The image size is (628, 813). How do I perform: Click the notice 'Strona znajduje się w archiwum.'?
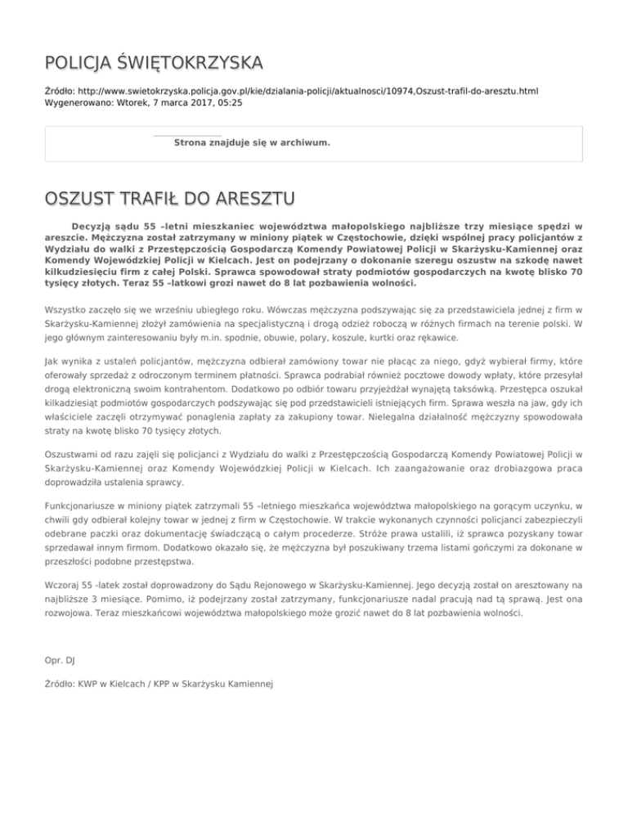252,143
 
